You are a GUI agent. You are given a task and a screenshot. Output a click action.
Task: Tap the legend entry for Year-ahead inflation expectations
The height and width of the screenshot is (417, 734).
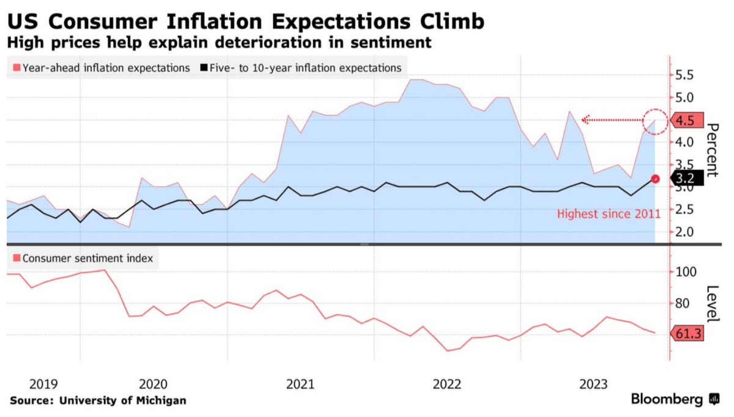click(101, 68)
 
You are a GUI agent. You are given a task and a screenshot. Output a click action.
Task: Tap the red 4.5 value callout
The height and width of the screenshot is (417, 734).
click(686, 120)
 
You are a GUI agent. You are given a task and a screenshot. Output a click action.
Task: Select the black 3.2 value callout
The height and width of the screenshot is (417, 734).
click(686, 179)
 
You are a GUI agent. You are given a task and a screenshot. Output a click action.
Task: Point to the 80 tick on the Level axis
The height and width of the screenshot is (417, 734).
click(684, 303)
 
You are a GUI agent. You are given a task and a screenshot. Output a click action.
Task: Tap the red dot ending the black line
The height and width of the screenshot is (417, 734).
click(655, 179)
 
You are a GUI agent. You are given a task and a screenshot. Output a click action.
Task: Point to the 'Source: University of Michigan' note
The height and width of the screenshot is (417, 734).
click(98, 400)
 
